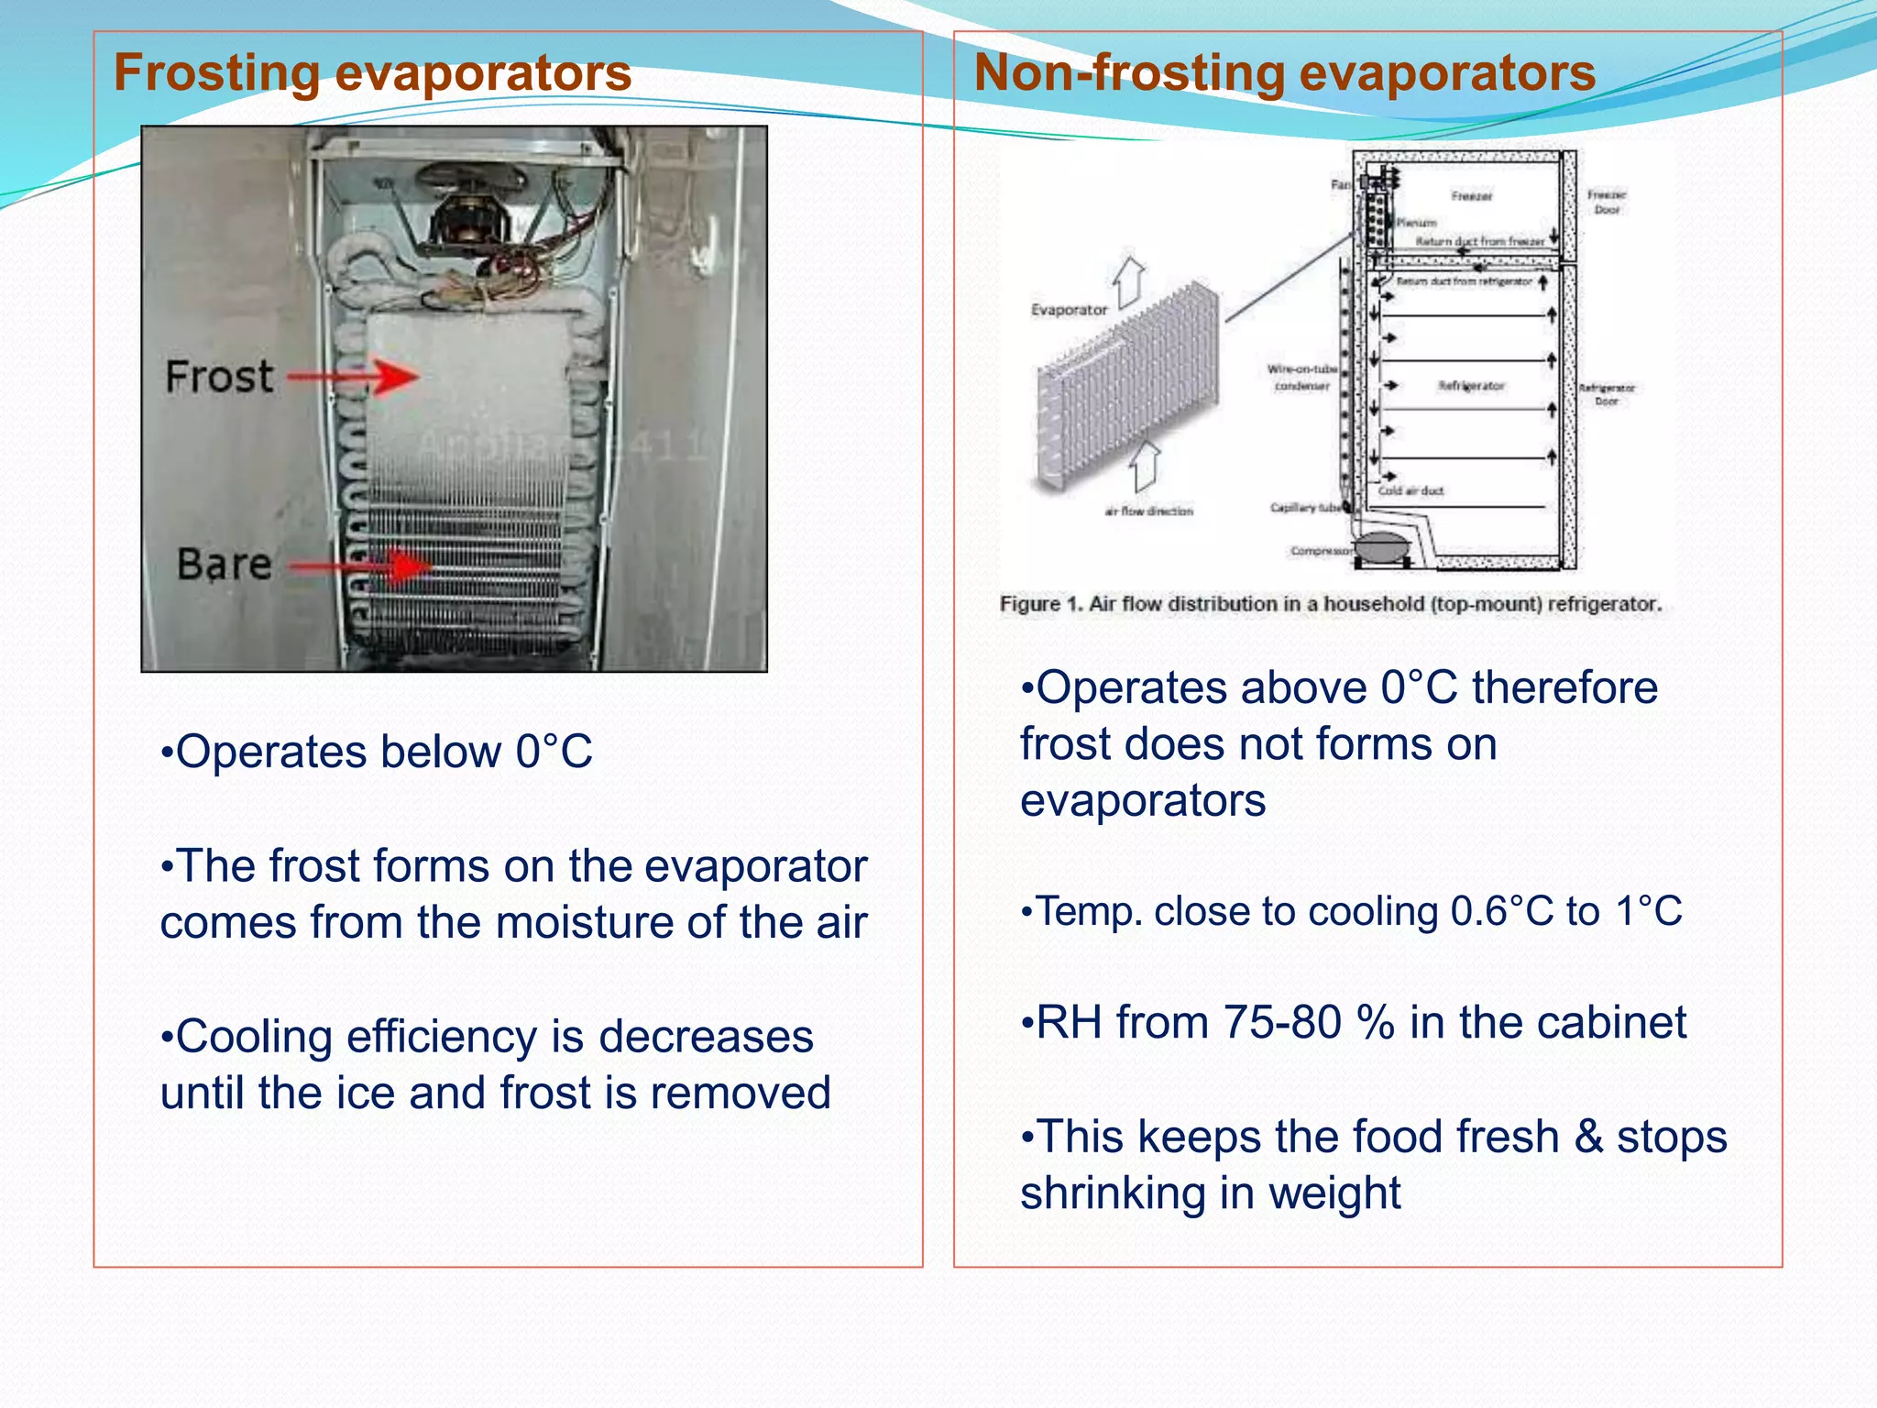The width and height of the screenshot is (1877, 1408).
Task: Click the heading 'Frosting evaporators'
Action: [372, 72]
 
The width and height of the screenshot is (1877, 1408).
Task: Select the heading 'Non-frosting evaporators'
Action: [1284, 72]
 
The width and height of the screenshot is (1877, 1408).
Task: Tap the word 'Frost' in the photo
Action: [219, 377]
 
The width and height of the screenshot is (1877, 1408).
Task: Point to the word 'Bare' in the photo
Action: [225, 564]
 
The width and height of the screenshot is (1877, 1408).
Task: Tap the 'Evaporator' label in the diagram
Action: [1069, 310]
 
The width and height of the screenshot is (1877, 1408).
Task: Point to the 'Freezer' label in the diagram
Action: [1472, 195]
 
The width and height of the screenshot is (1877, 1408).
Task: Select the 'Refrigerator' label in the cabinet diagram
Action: [1471, 386]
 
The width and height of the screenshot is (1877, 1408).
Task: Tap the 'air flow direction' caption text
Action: [1148, 511]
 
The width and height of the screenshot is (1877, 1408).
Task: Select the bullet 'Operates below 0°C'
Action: [376, 752]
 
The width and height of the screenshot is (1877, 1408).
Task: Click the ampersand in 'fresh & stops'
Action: [1588, 1137]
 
